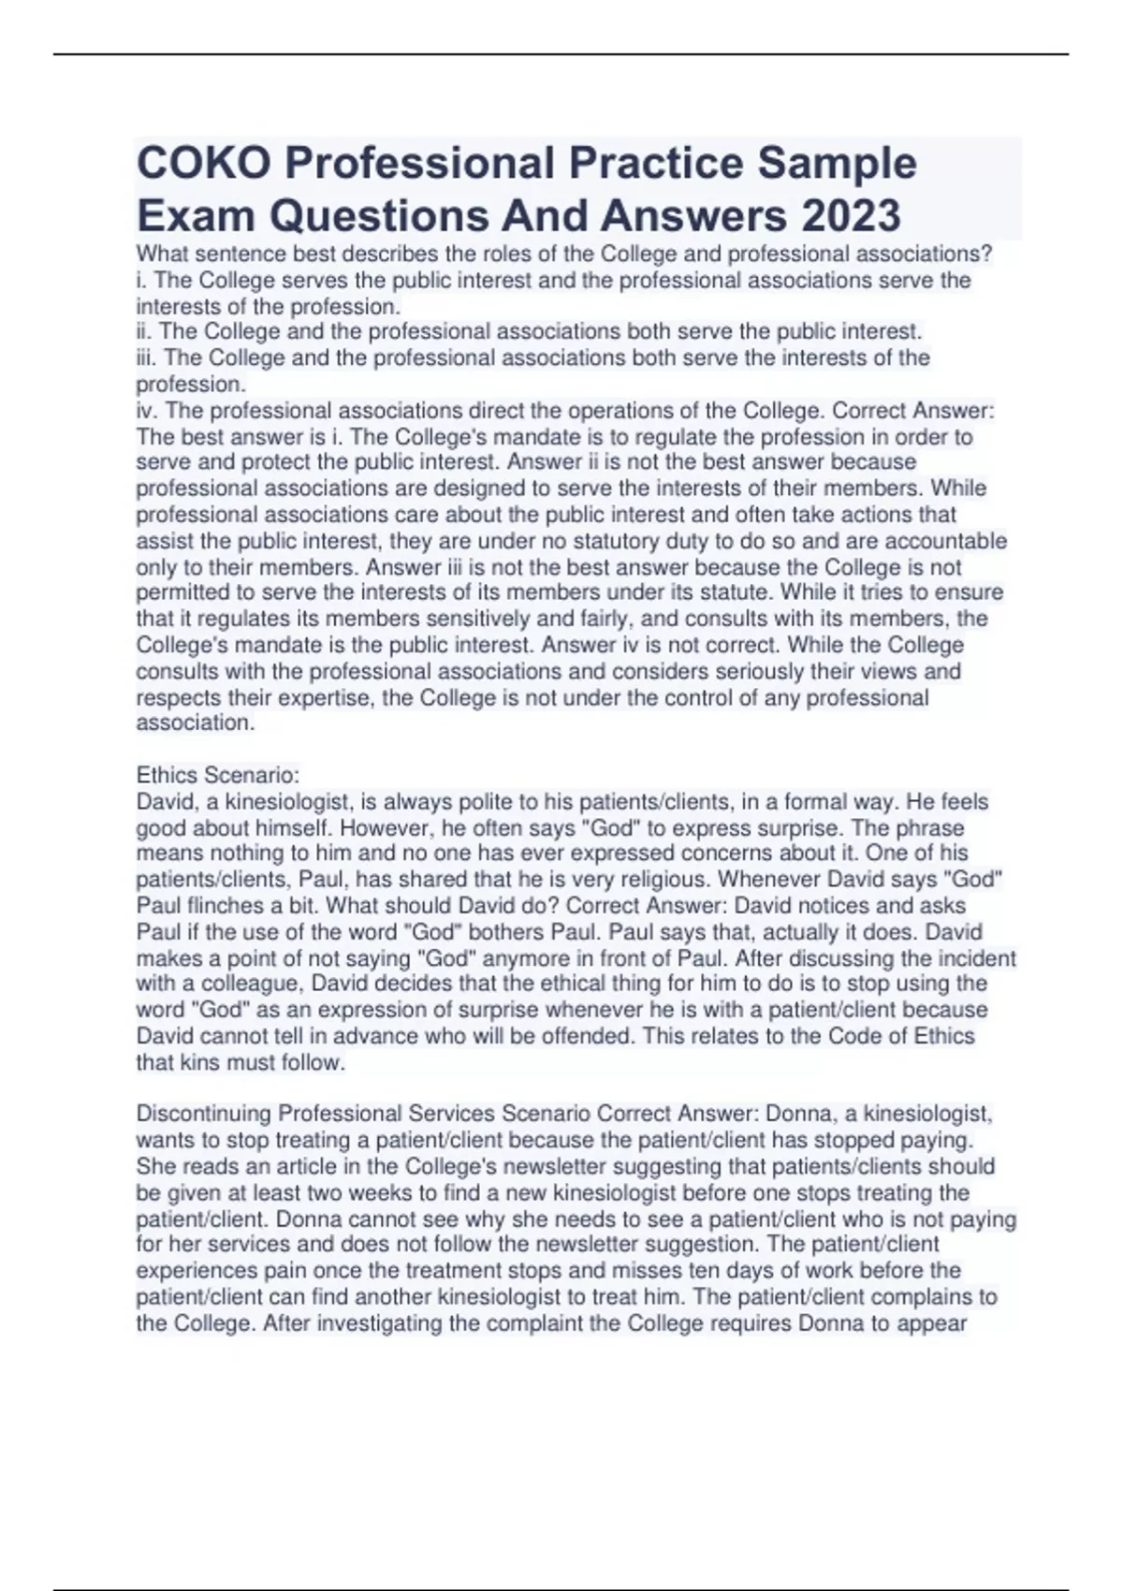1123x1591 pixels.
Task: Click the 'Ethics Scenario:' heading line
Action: [x=218, y=775]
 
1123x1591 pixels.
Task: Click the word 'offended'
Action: [x=591, y=1036]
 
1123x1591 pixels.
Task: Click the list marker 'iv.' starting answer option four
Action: [x=147, y=411]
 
